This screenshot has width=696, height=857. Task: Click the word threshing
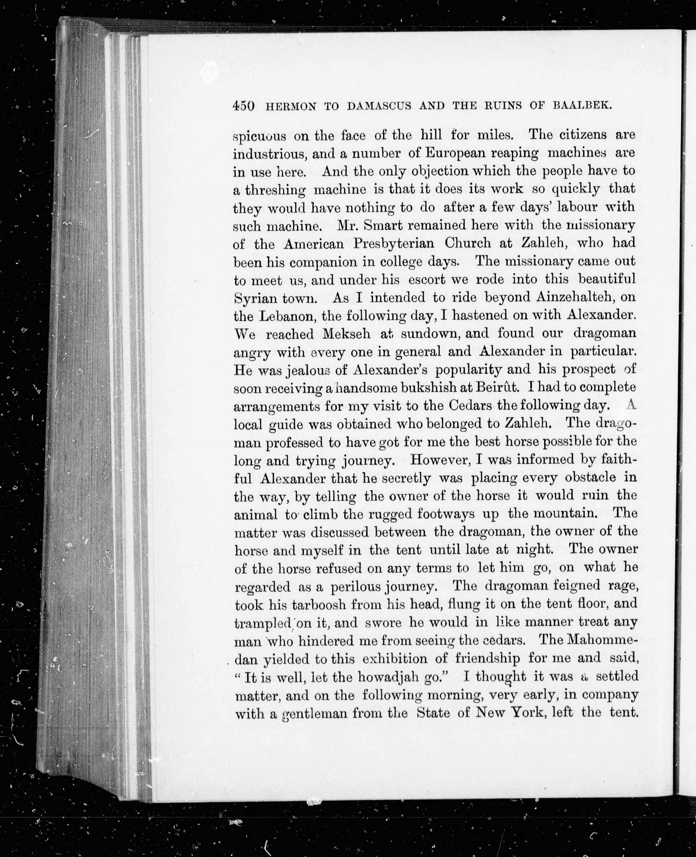click(275, 190)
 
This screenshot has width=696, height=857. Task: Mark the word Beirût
click(498, 388)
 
